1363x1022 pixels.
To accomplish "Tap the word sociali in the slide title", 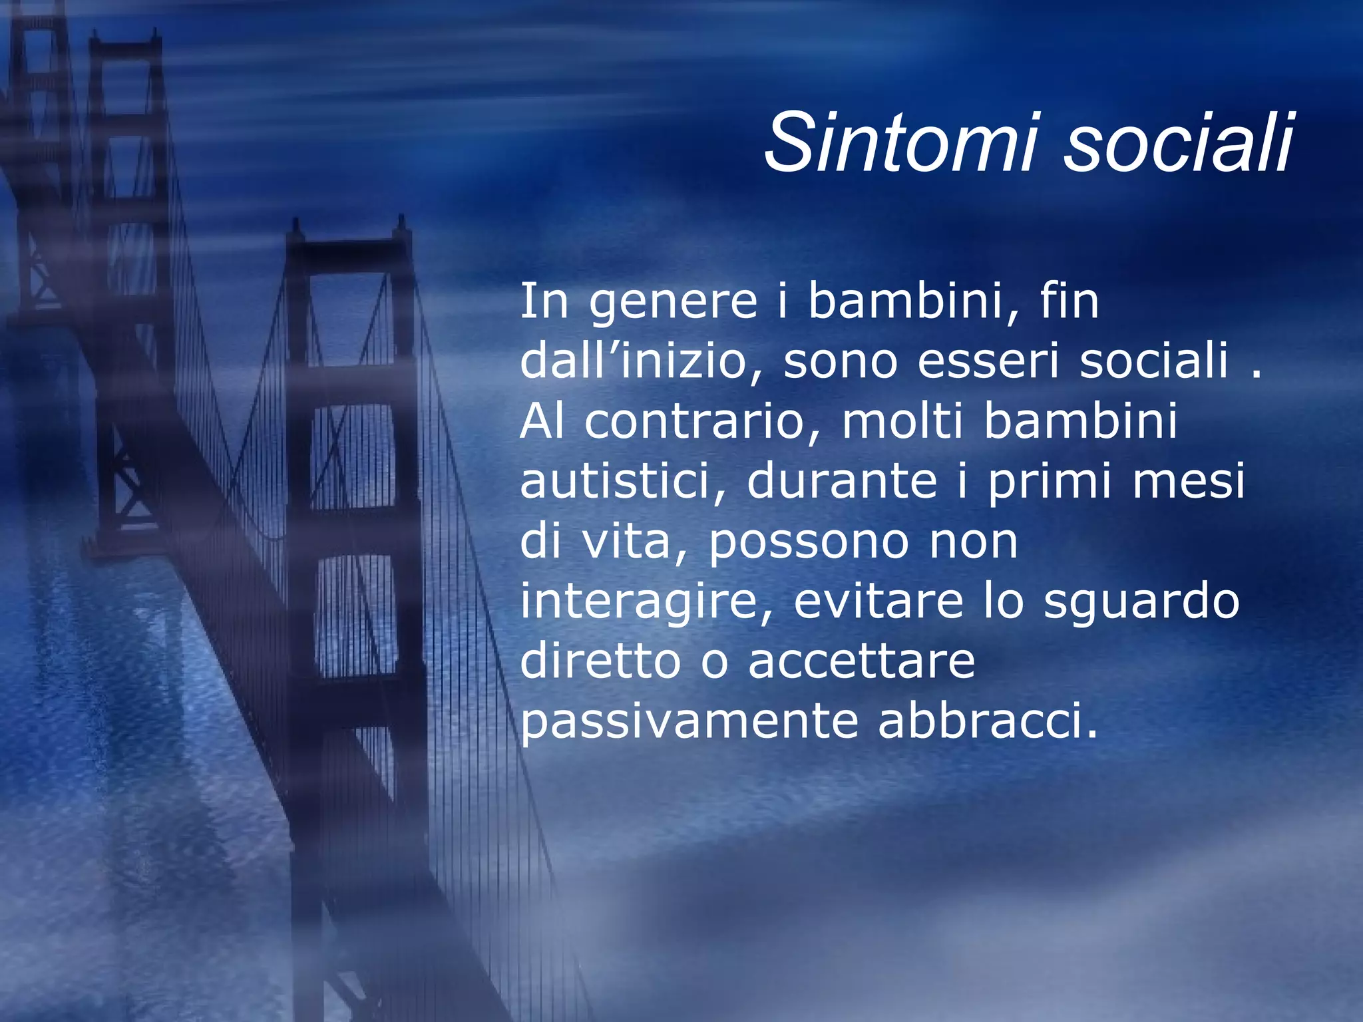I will coord(1178,142).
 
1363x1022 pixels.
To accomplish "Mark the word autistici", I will coord(622,480).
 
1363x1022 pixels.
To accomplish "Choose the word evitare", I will coord(878,600).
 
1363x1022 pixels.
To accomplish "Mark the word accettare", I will coord(861,661).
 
